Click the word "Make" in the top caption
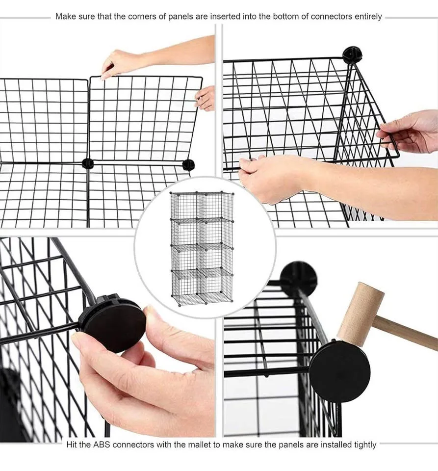[65, 16]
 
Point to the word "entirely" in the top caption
[367, 16]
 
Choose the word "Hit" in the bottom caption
[72, 445]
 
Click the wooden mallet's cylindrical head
[360, 313]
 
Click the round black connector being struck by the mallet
[339, 371]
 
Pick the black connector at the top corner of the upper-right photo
[352, 54]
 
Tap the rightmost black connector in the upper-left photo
[188, 165]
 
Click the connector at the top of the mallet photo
[298, 277]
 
